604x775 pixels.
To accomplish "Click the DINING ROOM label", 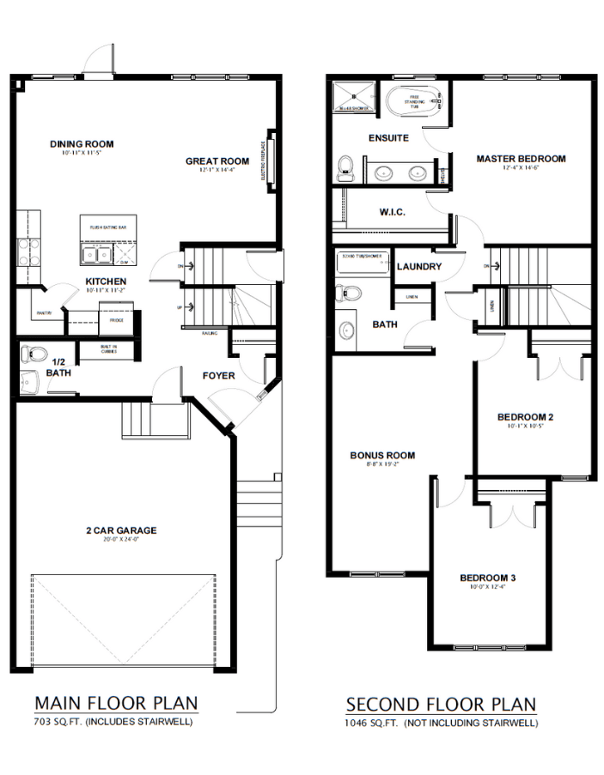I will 82,144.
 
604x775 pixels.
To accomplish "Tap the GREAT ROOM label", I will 217,161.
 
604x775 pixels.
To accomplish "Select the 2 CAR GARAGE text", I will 120,530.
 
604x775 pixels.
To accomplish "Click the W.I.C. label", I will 392,212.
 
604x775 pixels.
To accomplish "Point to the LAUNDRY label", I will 419,267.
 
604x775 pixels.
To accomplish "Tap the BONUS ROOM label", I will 382,456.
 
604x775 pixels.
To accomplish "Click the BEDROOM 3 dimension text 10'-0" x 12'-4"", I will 486,587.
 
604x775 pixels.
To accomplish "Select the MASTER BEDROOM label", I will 521,159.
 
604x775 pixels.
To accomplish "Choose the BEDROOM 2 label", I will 525,418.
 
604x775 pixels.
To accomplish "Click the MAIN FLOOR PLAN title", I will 115,703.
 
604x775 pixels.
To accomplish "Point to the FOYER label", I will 219,376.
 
